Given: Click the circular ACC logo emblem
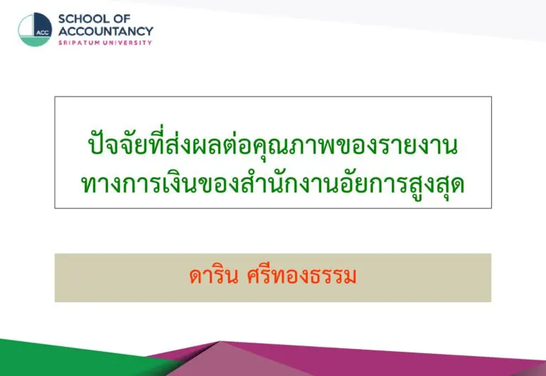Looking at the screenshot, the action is click(x=35, y=30).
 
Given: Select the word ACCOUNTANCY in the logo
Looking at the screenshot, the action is click(x=106, y=31).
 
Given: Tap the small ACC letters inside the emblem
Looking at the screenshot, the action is click(x=42, y=33).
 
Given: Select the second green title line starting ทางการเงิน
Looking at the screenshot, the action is click(x=273, y=183).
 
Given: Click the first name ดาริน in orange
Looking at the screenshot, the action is click(x=214, y=276).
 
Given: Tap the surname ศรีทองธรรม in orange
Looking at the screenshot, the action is click(x=301, y=276).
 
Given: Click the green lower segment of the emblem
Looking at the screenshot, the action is click(x=34, y=41).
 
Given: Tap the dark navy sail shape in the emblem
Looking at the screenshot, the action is click(x=43, y=24).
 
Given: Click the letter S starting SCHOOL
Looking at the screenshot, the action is click(x=62, y=18).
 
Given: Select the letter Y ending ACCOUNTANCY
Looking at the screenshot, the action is click(x=149, y=31).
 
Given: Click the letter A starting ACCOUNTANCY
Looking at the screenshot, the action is click(x=63, y=31).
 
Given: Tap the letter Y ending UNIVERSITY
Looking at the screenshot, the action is click(x=150, y=43).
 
